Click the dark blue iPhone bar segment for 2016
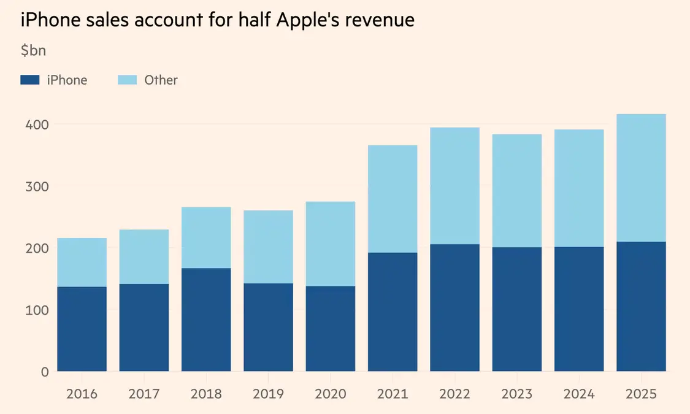pyautogui.click(x=82, y=329)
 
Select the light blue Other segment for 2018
pyautogui.click(x=206, y=237)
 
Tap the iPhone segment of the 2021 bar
pyautogui.click(x=393, y=312)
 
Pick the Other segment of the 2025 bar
pyautogui.click(x=641, y=178)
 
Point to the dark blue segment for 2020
pyautogui.click(x=331, y=329)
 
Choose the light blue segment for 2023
pyautogui.click(x=517, y=191)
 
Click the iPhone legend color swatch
pyautogui.click(x=29, y=80)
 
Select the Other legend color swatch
pyautogui.click(x=127, y=80)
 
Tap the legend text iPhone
pyautogui.click(x=67, y=80)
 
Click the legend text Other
pyautogui.click(x=161, y=80)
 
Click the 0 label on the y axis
pyautogui.click(x=44, y=372)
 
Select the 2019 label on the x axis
pyautogui.click(x=268, y=394)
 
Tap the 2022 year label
pyautogui.click(x=454, y=394)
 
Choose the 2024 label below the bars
pyautogui.click(x=579, y=394)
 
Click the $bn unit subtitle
pyautogui.click(x=33, y=50)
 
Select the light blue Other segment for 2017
pyautogui.click(x=144, y=256)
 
